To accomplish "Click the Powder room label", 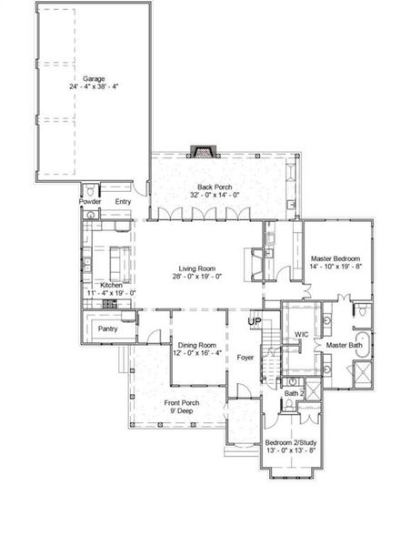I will point(91,201).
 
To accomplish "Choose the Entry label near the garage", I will point(123,201).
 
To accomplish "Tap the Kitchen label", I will point(111,285).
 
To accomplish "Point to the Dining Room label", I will point(196,345).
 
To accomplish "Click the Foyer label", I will point(245,358).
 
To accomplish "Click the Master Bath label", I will point(345,346).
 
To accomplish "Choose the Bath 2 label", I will point(292,392).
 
